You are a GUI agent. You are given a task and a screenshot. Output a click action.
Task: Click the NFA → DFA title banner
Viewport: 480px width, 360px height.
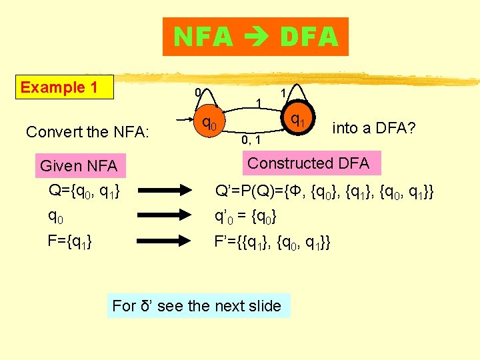pyautogui.click(x=255, y=37)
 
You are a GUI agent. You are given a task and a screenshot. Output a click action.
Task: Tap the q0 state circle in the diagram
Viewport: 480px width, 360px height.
pyautogui.click(x=209, y=123)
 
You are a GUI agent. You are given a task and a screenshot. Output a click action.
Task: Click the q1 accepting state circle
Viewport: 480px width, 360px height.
pyautogui.click(x=297, y=120)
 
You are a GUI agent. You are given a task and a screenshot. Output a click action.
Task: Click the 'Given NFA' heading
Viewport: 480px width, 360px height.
pyautogui.click(x=78, y=165)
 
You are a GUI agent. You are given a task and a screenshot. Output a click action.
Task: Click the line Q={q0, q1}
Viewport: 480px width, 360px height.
pyautogui.click(x=84, y=191)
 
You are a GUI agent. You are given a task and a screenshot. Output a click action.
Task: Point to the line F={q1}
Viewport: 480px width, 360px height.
pyautogui.click(x=69, y=241)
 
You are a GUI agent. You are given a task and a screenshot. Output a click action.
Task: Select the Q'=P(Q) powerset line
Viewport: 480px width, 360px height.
pyautogui.click(x=324, y=192)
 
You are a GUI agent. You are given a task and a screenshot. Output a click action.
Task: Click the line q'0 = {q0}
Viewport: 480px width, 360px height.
pyautogui.click(x=245, y=217)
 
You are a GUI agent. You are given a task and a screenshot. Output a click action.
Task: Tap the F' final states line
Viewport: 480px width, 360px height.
pyautogui.click(x=272, y=242)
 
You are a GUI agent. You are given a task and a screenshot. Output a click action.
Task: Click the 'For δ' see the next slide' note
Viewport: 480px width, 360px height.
pyautogui.click(x=197, y=306)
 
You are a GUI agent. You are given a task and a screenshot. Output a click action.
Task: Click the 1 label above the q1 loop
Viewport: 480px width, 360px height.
pyautogui.click(x=283, y=91)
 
